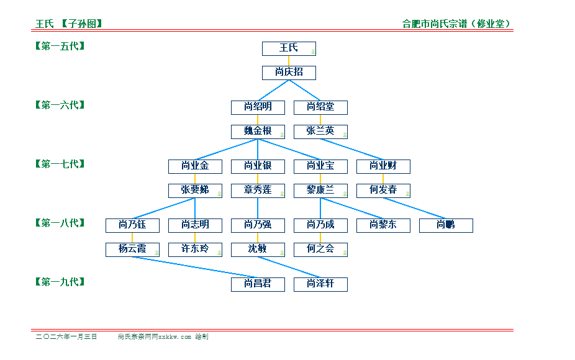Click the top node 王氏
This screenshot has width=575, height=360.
289,48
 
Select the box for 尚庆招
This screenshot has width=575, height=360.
289,73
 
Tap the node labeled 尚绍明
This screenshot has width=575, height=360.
258,107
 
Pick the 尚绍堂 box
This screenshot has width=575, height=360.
320,107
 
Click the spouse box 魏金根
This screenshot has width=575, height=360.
258,132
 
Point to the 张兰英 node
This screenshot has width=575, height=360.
320,132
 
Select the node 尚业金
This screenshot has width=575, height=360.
195,166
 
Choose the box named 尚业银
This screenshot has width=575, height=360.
258,166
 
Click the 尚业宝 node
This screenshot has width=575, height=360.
320,166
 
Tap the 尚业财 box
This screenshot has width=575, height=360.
383,166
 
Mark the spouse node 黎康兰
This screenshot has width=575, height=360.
320,191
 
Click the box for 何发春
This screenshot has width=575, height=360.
383,191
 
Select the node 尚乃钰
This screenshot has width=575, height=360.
132,225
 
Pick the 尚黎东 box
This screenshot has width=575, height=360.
383,225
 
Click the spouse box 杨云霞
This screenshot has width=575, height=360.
132,250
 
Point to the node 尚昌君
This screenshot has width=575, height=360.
258,284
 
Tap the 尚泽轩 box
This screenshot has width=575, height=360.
320,284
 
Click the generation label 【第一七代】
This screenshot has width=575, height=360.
60,164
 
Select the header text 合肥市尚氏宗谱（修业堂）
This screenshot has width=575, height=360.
457,24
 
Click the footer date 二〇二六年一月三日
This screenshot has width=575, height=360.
66,336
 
